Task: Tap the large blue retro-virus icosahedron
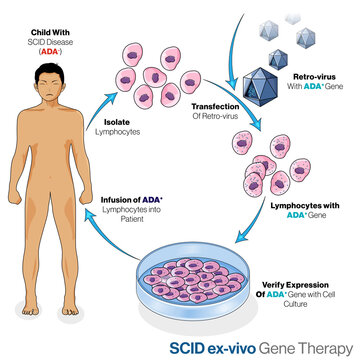click(265, 83)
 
